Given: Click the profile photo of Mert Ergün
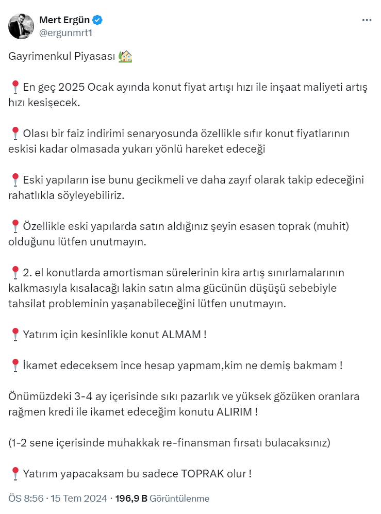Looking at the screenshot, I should pyautogui.click(x=21, y=26).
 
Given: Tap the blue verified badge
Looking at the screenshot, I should pyautogui.click(x=97, y=20).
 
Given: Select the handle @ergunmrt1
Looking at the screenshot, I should pyautogui.click(x=65, y=32).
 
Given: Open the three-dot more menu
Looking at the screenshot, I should pyautogui.click(x=367, y=20).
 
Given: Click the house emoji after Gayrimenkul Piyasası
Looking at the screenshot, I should pyautogui.click(x=125, y=57).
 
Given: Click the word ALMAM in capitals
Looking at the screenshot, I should pyautogui.click(x=181, y=334).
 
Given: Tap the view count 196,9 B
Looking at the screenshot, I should pyautogui.click(x=131, y=499).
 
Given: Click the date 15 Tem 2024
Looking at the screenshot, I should pyautogui.click(x=79, y=499).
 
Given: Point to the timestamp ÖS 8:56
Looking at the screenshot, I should pyautogui.click(x=26, y=499).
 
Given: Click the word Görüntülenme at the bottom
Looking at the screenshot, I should pyautogui.click(x=180, y=499).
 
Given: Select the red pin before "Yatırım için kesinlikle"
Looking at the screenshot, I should pyautogui.click(x=15, y=334).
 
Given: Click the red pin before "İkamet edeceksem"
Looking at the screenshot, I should pyautogui.click(x=15, y=366).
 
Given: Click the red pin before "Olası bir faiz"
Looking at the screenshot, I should pyautogui.click(x=15, y=134).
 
